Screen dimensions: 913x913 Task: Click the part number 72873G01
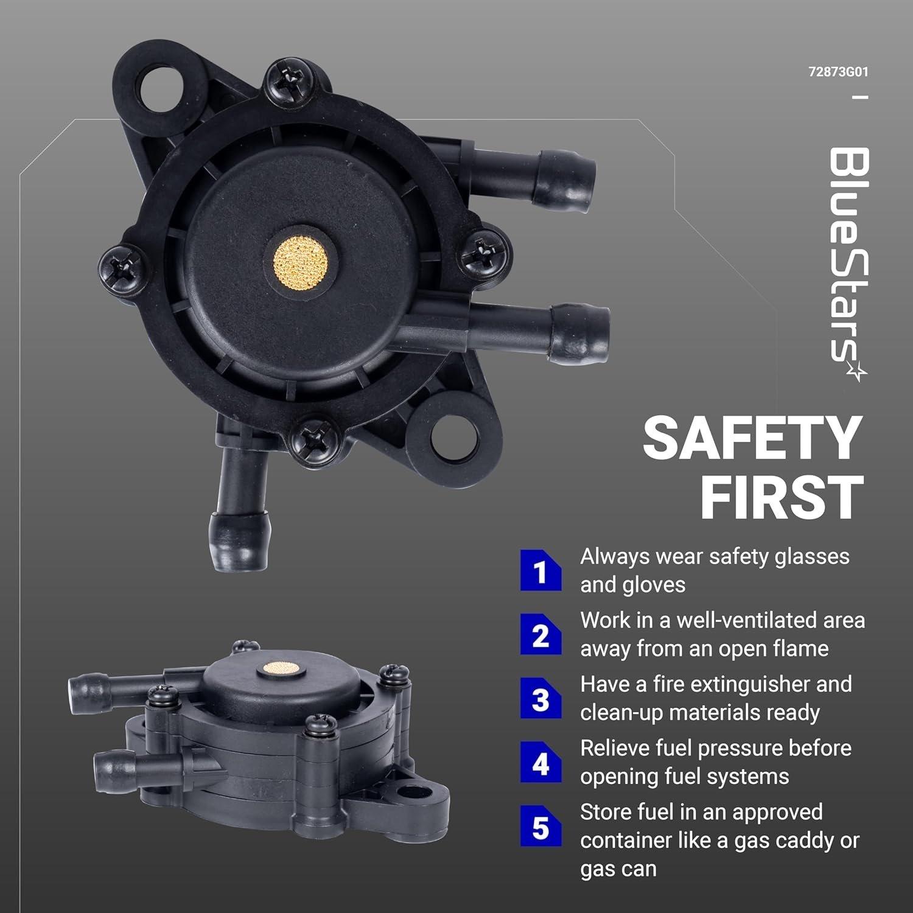pos(838,72)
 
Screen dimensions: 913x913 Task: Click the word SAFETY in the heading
pos(753,438)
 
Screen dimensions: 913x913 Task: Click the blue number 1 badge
pos(540,571)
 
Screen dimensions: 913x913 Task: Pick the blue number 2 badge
pos(540,635)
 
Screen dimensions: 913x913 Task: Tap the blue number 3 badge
pos(540,699)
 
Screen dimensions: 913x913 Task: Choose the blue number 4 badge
pos(540,763)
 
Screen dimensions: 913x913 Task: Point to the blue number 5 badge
pos(540,827)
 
